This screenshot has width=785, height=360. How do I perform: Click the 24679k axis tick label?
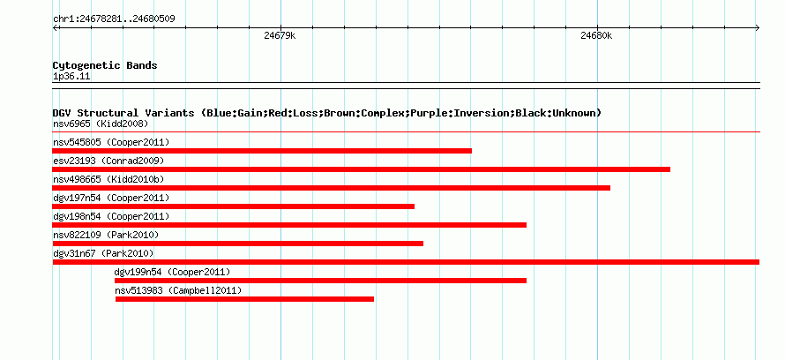click(280, 36)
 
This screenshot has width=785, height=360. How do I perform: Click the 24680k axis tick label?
click(596, 36)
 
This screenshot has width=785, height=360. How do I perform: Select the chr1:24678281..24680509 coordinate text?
click(114, 19)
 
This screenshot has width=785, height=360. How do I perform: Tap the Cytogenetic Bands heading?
click(105, 65)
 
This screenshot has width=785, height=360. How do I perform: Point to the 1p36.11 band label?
click(71, 77)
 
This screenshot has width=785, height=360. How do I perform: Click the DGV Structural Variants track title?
click(327, 113)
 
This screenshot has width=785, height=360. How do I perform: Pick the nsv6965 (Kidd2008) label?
click(101, 124)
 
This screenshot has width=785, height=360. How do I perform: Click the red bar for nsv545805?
click(262, 151)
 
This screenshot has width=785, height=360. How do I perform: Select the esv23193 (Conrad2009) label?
click(108, 161)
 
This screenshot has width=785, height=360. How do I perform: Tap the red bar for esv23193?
click(361, 169)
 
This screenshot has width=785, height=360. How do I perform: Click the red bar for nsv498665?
click(332, 188)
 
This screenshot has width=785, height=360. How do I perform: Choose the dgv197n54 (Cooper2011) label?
click(111, 198)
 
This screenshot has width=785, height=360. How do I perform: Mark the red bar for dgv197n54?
click(234, 206)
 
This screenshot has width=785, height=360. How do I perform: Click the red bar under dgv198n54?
click(289, 225)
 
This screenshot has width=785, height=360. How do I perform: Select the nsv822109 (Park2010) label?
click(106, 235)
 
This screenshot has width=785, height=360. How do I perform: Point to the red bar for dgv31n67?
click(406, 262)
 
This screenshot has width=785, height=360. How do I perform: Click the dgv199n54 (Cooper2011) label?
click(172, 272)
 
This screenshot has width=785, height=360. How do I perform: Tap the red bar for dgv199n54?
click(320, 281)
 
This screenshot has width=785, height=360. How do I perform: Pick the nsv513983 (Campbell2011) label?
click(177, 290)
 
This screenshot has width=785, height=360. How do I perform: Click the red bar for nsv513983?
click(245, 299)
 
